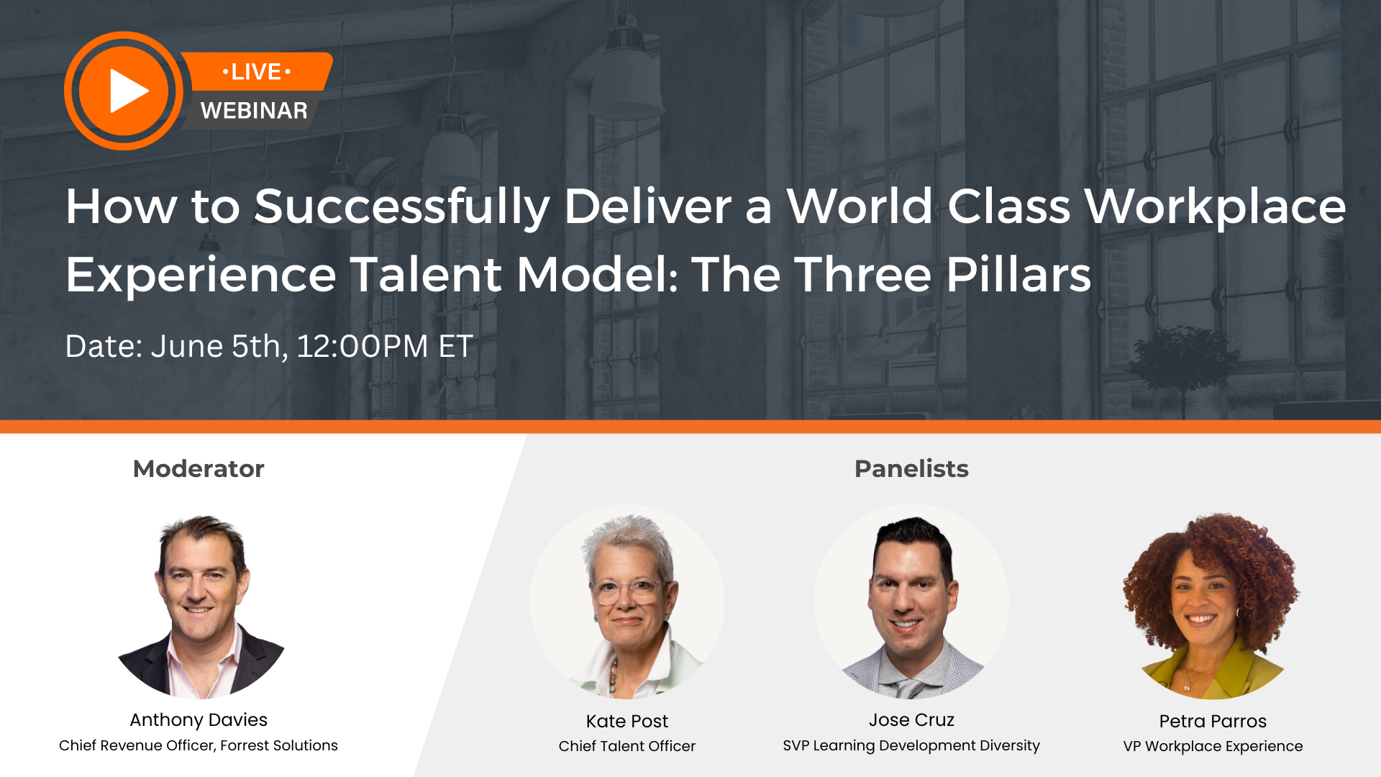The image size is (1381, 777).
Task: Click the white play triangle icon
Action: (x=127, y=91)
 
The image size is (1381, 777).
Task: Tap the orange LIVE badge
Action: (x=257, y=72)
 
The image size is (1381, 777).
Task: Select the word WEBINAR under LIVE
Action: (x=254, y=111)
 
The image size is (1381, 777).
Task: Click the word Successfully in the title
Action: (x=401, y=207)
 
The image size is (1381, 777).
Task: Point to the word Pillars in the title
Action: (x=1018, y=275)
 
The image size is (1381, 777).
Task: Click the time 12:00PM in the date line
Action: (x=363, y=347)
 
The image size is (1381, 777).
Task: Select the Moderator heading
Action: (x=199, y=469)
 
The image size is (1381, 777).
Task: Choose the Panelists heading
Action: (x=911, y=469)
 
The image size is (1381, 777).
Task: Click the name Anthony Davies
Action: (x=199, y=719)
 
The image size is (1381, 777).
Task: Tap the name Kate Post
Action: (x=627, y=721)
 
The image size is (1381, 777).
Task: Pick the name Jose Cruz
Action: (x=911, y=719)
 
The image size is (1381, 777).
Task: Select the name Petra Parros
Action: (x=1213, y=721)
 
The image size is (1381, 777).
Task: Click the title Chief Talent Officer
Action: (x=627, y=746)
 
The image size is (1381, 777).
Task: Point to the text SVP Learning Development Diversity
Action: (x=911, y=745)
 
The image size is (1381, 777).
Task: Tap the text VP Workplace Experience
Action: (x=1213, y=746)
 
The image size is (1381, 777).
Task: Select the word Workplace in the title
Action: (x=1215, y=207)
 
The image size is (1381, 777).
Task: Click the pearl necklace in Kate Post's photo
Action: (x=614, y=676)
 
